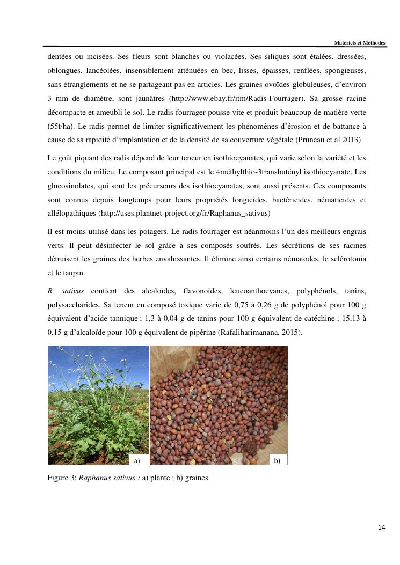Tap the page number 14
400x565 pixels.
(x=382, y=527)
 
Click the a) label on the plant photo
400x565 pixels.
(x=137, y=460)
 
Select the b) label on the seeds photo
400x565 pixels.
(x=277, y=460)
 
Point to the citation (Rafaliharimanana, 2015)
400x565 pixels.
(x=260, y=333)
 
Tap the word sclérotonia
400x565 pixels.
(x=347, y=259)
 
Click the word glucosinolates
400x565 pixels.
(x=71, y=186)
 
